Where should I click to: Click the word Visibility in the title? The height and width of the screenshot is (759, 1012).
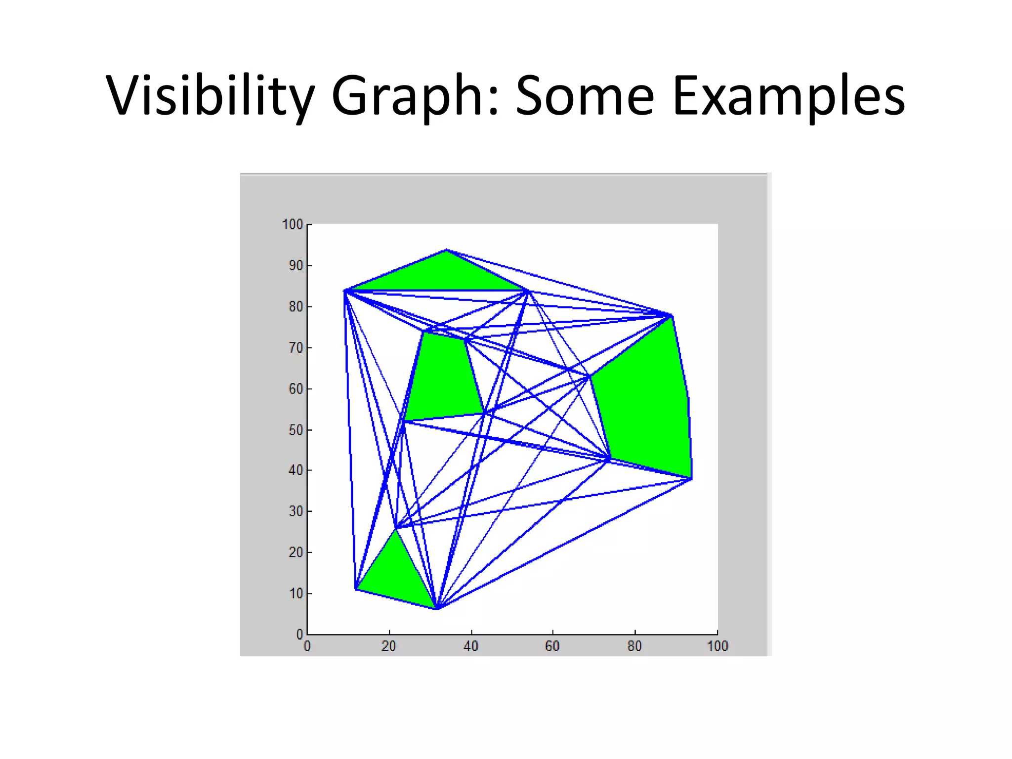[x=210, y=96]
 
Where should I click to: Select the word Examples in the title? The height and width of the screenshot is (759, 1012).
[x=789, y=96]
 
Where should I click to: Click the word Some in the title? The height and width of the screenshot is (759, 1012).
[x=586, y=96]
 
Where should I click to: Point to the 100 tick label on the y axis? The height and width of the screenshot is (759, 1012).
[x=292, y=225]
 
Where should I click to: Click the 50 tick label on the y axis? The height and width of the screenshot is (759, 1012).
[x=295, y=430]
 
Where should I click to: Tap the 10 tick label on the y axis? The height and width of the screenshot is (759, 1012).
[x=295, y=593]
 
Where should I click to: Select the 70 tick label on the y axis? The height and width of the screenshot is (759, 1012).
[x=295, y=348]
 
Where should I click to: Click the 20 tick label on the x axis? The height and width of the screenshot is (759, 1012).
[x=389, y=646]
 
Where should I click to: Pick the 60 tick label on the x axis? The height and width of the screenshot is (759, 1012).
[x=552, y=646]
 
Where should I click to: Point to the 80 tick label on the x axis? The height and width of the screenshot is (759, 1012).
[x=634, y=646]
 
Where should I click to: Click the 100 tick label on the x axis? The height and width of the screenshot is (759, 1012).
[x=717, y=646]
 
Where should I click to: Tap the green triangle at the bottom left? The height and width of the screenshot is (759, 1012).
[x=395, y=573]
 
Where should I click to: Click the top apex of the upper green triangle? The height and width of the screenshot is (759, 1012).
[x=446, y=250]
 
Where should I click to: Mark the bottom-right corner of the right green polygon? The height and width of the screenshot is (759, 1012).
[x=691, y=478]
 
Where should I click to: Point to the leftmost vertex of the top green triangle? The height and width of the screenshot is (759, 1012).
[x=345, y=291]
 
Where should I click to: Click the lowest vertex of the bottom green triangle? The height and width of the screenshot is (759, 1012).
[x=436, y=608]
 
